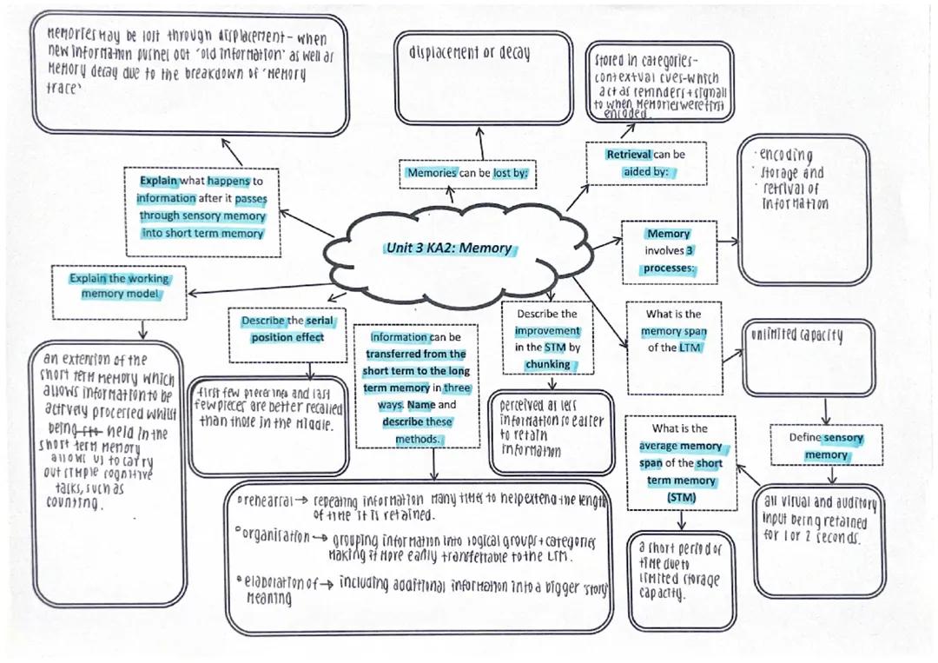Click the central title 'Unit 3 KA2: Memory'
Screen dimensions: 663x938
pos(449,249)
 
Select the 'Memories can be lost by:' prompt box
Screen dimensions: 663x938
pos(466,174)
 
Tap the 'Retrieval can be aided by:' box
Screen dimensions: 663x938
pos(645,163)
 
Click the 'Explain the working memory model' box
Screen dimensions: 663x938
pos(121,286)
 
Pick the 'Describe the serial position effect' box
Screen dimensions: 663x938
pos(287,329)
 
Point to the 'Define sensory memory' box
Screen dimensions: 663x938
pos(826,446)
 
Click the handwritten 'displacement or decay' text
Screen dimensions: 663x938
pos(469,52)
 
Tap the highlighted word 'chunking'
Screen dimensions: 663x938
pos(547,364)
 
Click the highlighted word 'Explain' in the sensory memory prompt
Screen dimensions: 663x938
pos(159,182)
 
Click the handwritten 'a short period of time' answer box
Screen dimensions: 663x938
pos(677,573)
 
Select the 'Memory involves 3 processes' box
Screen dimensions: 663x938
pos(669,251)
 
